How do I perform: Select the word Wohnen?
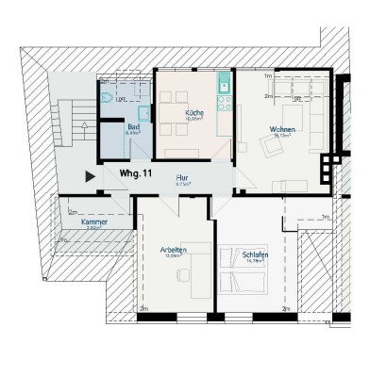(283, 128)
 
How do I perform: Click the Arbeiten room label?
(174, 249)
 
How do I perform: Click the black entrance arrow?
(90, 175)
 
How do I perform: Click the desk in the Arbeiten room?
(199, 282)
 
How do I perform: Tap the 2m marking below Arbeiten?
(144, 308)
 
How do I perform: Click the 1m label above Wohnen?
(268, 75)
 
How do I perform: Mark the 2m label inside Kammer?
(73, 212)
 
